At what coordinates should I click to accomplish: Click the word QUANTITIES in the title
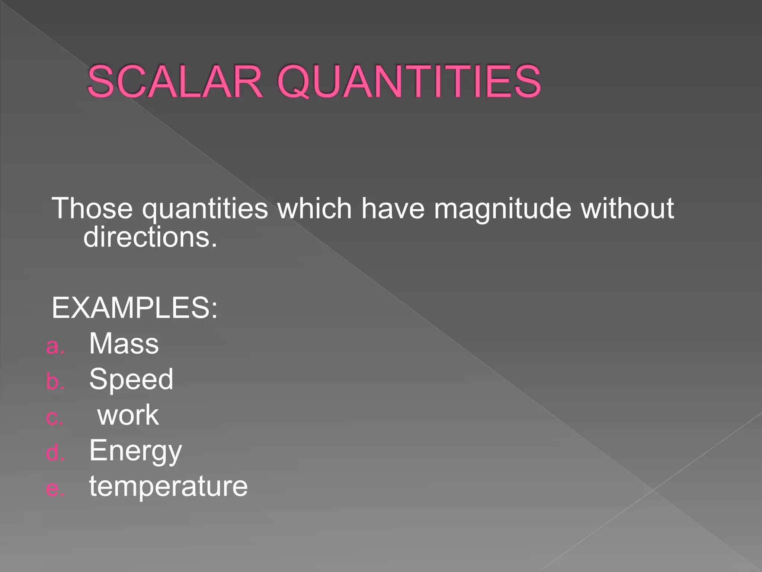[409, 82]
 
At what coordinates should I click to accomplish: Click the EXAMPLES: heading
[134, 308]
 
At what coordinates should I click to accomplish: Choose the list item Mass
[124, 343]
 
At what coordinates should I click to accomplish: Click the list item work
[128, 415]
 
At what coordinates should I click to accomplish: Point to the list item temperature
[168, 486]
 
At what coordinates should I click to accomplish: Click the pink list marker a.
[55, 346]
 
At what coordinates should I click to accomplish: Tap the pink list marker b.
[55, 381]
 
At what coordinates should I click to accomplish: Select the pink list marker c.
[54, 418]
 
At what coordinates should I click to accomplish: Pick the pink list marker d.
[55, 453]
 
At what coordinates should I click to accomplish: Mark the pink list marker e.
[55, 489]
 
